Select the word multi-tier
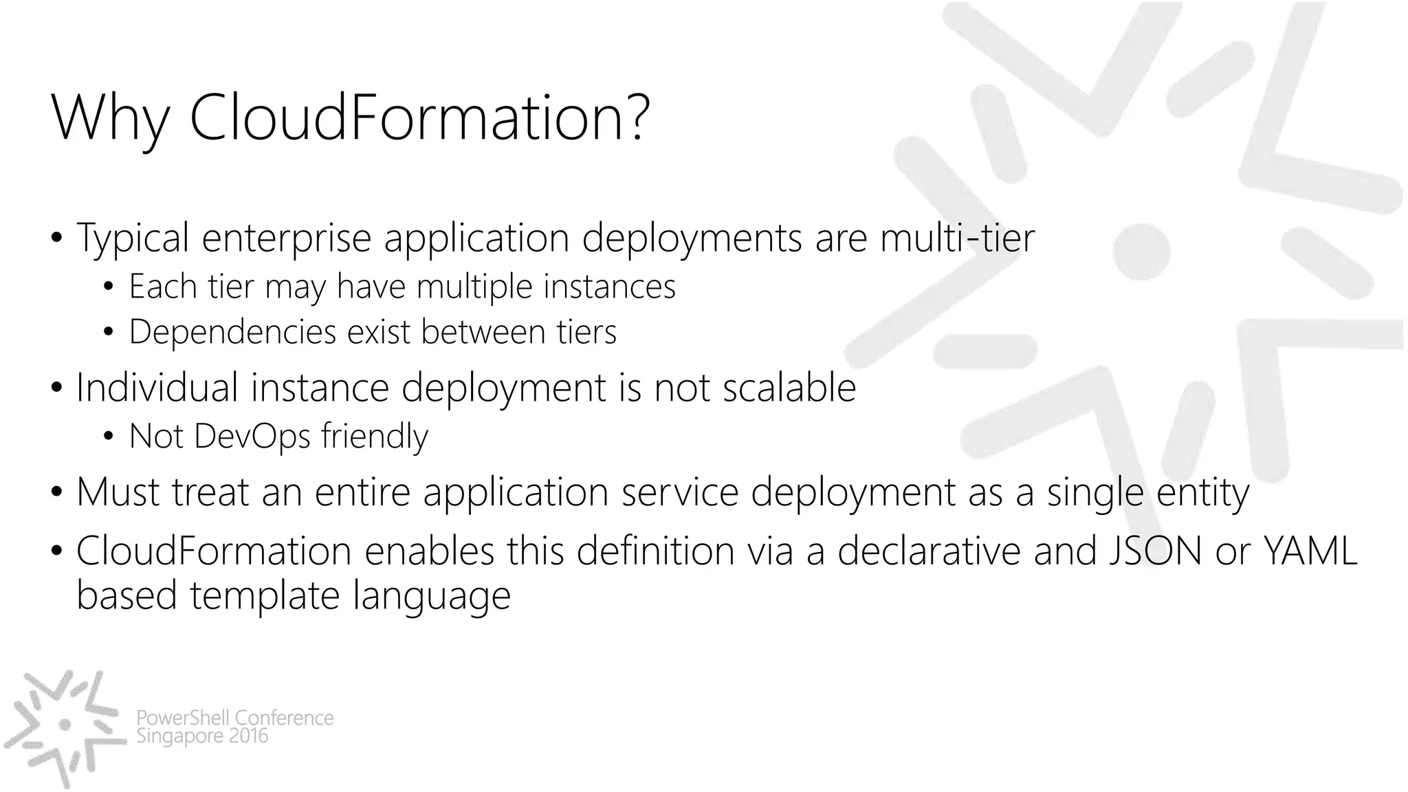click(x=957, y=238)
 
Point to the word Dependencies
click(x=233, y=332)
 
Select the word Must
click(x=118, y=492)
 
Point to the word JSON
click(x=1155, y=551)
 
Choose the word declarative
click(x=929, y=551)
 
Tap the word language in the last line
click(x=432, y=595)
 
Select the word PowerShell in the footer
click(x=183, y=718)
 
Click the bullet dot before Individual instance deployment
click(x=56, y=388)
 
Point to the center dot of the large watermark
click(x=1141, y=251)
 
